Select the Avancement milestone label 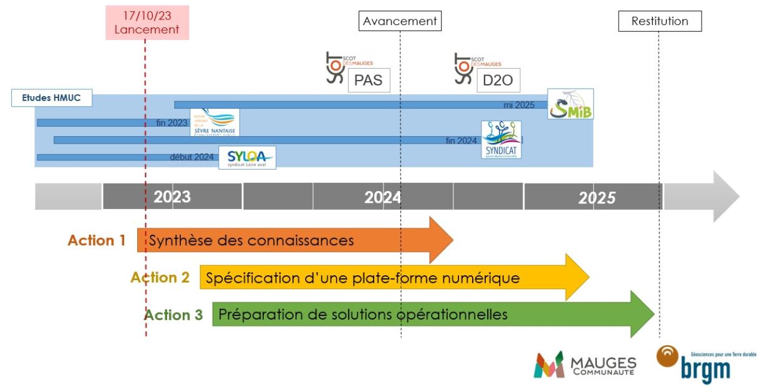point(400,21)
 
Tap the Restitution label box point(659,21)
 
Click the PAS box point(368,81)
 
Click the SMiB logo point(570,104)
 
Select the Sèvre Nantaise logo point(215,122)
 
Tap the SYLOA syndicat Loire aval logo point(247,158)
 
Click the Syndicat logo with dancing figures point(501,140)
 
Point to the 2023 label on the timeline point(172,197)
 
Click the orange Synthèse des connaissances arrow point(293,240)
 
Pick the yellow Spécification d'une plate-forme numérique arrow point(387,277)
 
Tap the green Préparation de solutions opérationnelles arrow point(424,314)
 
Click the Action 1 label point(97,240)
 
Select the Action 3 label point(173,315)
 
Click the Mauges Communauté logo point(584,364)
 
